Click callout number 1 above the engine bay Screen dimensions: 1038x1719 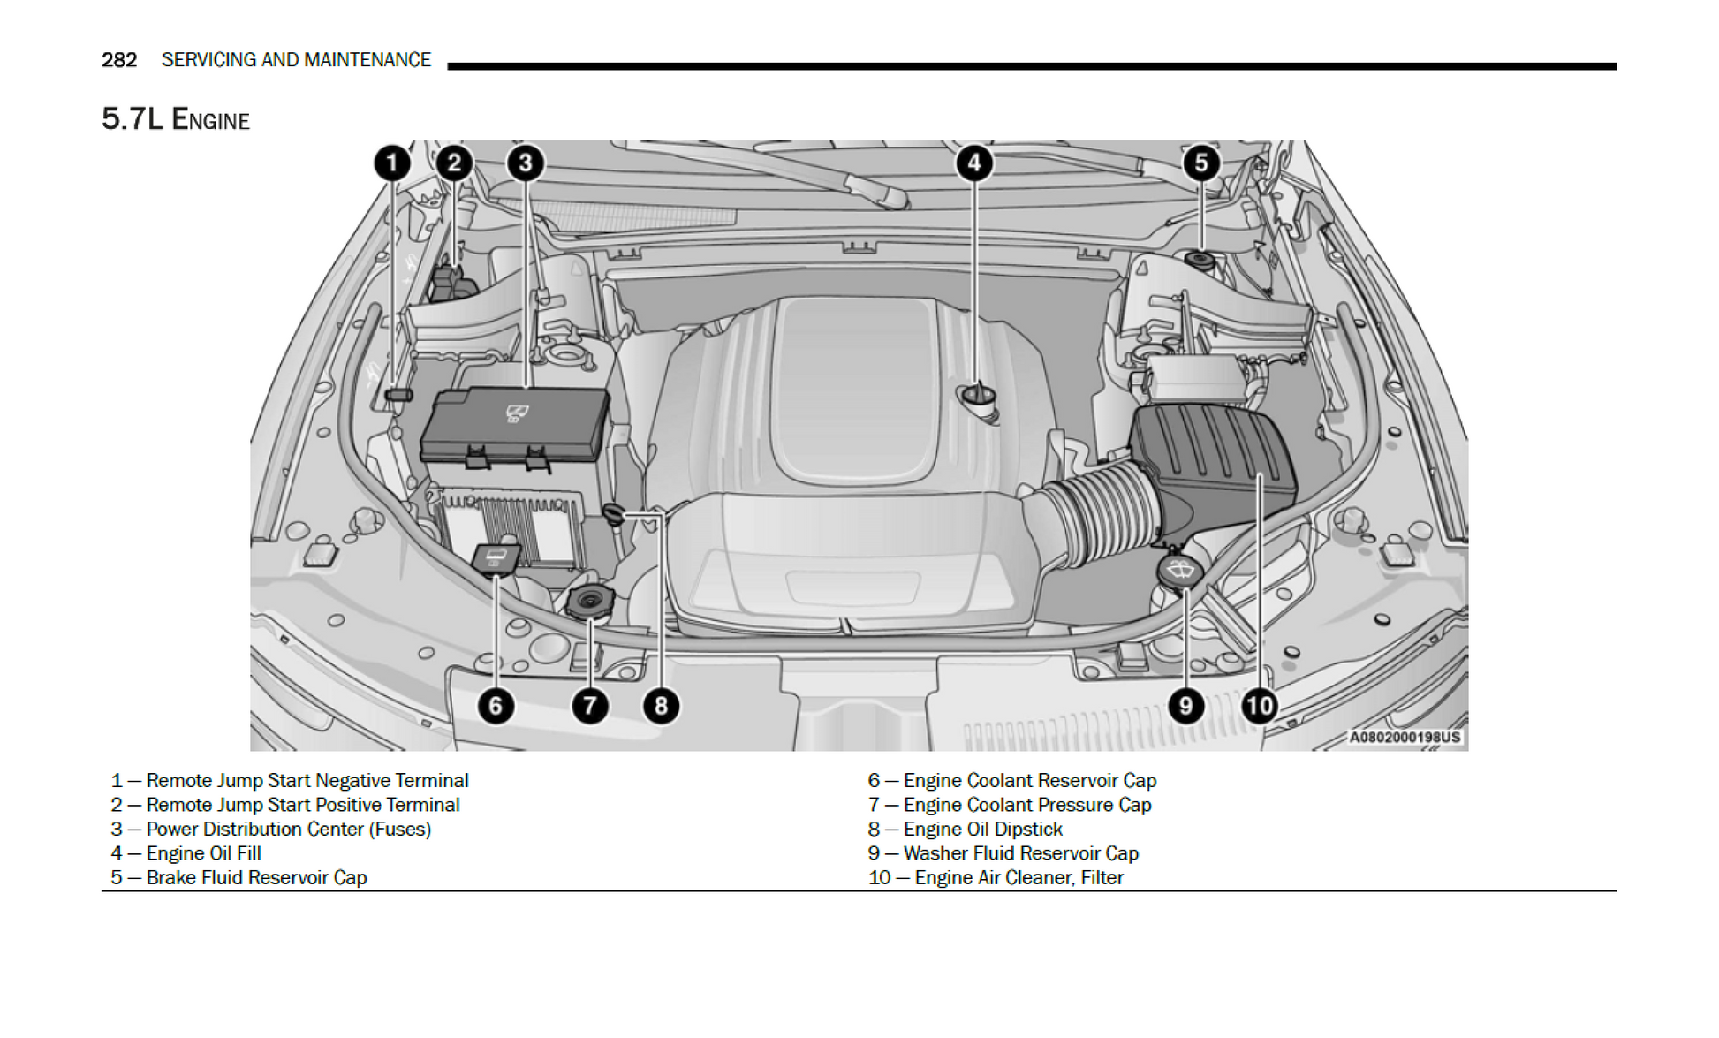(392, 163)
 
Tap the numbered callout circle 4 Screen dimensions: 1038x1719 (973, 163)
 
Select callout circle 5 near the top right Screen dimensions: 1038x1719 (1200, 163)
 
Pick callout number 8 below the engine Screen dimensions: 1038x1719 (661, 706)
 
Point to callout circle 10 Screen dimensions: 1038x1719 (1259, 706)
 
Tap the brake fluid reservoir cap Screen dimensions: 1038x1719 (1199, 260)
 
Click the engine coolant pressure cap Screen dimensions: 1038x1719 (588, 602)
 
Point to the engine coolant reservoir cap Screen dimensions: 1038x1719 (496, 558)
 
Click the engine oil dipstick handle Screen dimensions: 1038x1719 (613, 512)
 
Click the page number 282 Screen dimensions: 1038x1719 (119, 60)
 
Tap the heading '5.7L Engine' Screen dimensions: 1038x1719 (176, 119)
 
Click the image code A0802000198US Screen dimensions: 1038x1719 (1405, 737)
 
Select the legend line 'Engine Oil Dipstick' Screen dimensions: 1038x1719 (965, 830)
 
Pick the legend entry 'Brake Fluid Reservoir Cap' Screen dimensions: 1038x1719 (239, 878)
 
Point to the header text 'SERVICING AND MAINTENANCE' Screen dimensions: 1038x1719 (296, 60)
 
